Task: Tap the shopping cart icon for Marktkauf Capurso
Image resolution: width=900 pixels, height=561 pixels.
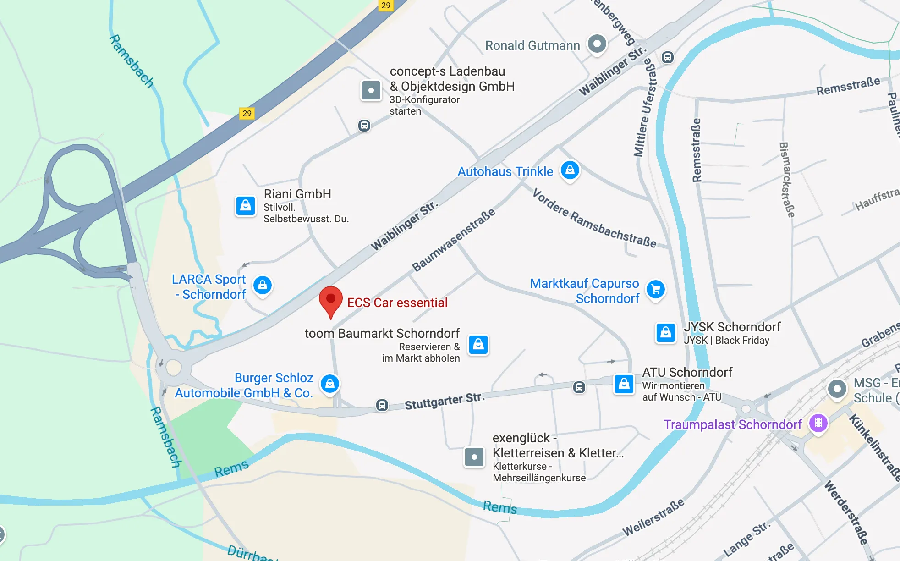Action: (x=656, y=290)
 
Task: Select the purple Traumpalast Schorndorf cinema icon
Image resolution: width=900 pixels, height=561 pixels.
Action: (x=818, y=423)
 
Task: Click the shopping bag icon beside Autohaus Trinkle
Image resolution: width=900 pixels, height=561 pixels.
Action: (x=570, y=170)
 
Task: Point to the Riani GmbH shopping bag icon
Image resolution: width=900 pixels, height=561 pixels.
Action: (x=246, y=206)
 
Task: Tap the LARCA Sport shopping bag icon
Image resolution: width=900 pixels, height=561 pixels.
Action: (x=263, y=285)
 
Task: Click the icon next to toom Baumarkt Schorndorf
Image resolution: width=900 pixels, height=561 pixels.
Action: (x=478, y=345)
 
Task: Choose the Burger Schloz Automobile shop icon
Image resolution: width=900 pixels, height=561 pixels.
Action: (x=330, y=384)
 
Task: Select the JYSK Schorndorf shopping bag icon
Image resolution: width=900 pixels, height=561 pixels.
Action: (x=666, y=333)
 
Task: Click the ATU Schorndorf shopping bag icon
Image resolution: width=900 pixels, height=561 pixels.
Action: (x=624, y=384)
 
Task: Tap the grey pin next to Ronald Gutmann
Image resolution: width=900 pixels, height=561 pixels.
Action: (x=597, y=44)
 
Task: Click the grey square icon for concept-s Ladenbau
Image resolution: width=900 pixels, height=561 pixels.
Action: (x=371, y=90)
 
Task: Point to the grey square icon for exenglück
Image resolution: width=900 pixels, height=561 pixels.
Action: (x=474, y=457)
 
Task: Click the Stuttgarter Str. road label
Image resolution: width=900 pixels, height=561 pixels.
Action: (x=444, y=401)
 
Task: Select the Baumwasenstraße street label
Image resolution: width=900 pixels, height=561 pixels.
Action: (x=453, y=240)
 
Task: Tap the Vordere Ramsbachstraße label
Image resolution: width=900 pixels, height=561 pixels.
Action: (x=594, y=219)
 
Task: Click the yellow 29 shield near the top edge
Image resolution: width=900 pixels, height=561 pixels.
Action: (x=386, y=5)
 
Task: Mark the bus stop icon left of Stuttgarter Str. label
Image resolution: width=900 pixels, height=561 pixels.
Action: (x=382, y=405)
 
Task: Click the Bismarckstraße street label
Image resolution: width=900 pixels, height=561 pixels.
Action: (x=787, y=180)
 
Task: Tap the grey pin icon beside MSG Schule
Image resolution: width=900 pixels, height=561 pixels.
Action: (x=837, y=389)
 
